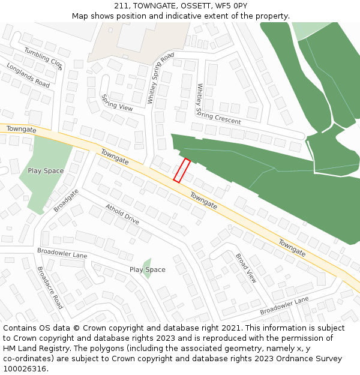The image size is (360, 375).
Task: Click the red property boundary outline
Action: tap(182, 170)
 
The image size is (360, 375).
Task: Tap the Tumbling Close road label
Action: tap(43, 59)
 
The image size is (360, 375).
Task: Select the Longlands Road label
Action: tap(28, 75)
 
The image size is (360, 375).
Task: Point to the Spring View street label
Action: tap(117, 103)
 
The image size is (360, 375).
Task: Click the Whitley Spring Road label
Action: tap(160, 78)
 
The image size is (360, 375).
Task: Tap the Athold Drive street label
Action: tap(122, 214)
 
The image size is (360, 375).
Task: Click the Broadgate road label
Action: tap(66, 200)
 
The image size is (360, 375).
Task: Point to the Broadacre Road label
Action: tap(50, 287)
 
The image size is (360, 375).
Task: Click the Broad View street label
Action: tap(246, 268)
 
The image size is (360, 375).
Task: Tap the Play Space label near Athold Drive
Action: tap(147, 269)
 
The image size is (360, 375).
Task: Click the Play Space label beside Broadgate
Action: tap(46, 171)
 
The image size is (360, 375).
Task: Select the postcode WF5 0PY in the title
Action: tap(231, 6)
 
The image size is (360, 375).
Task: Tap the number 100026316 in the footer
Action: tap(25, 368)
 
